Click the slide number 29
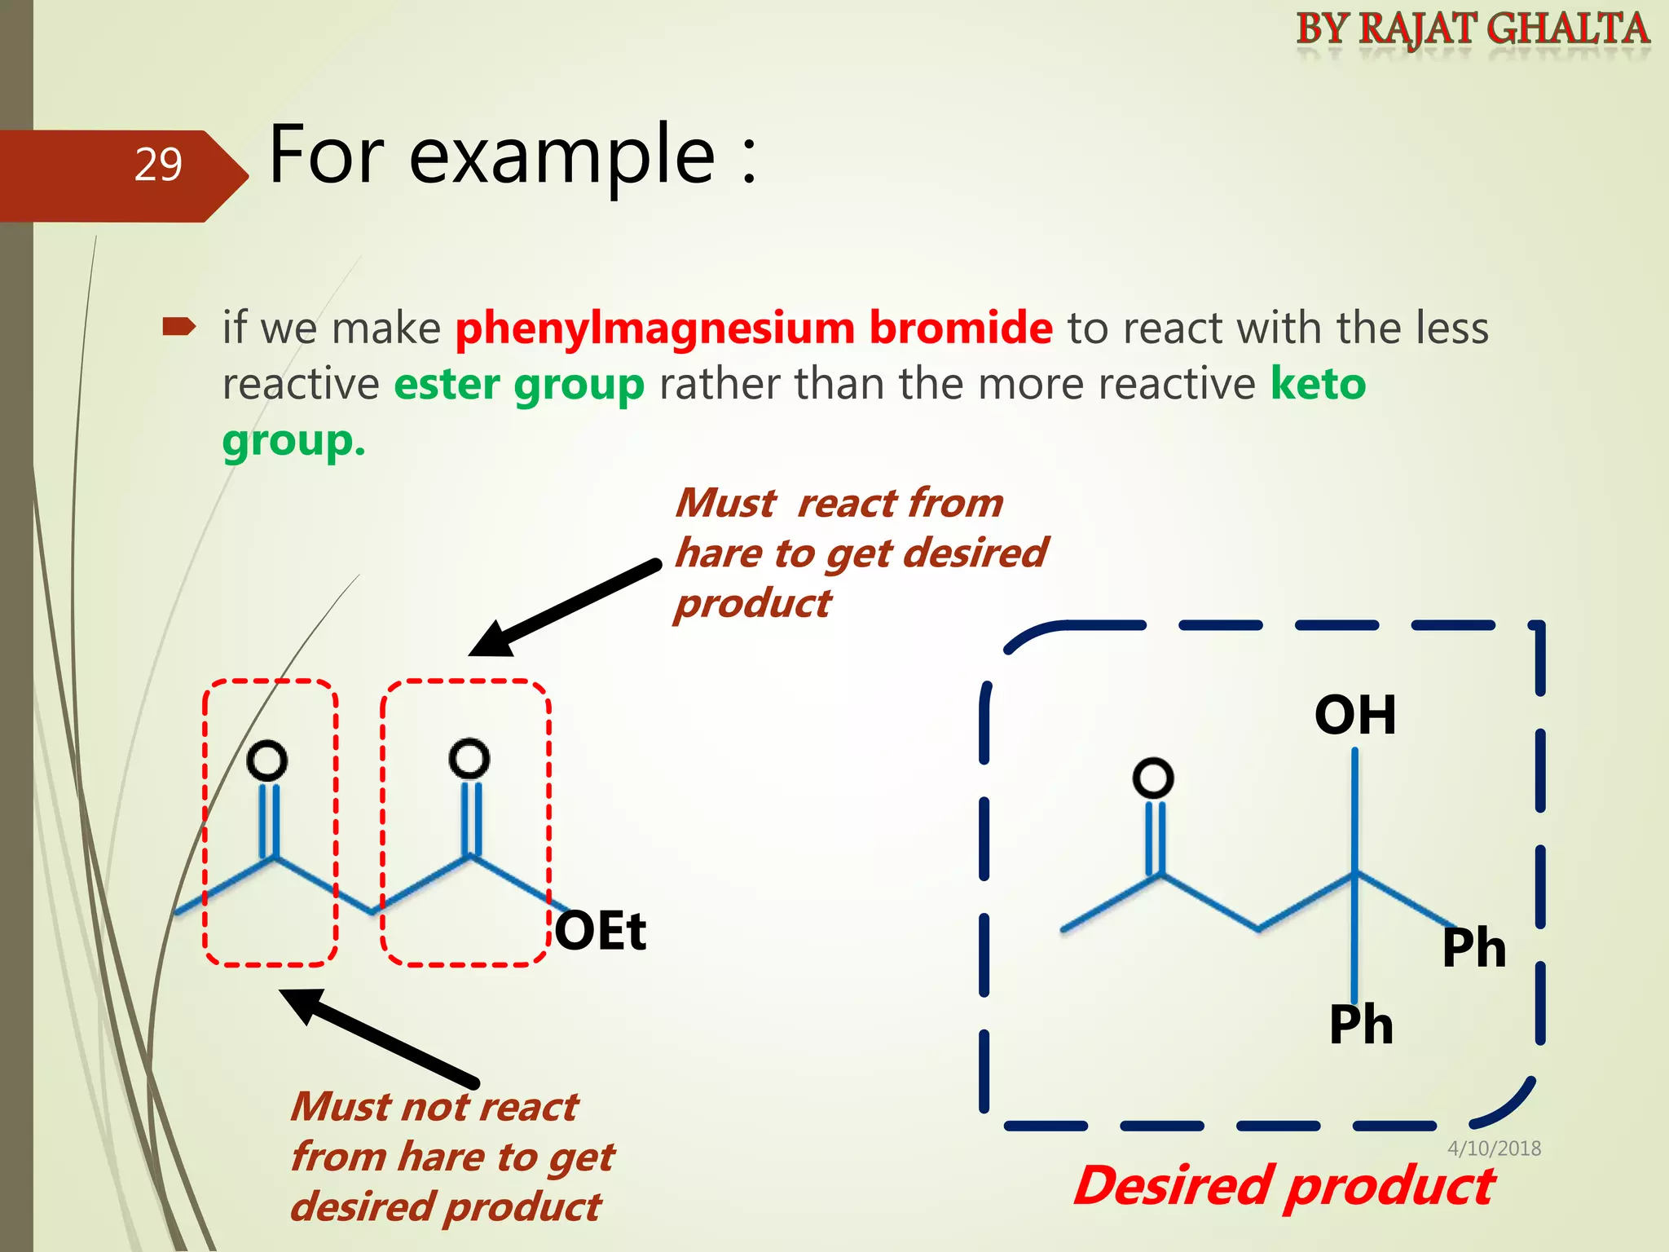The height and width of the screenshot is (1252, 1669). (158, 165)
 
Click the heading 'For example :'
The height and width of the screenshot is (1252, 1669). (513, 154)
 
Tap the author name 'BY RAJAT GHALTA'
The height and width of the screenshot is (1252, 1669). (1473, 29)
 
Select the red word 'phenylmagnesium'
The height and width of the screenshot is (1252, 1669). (654, 328)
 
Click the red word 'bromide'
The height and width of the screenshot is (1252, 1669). (961, 328)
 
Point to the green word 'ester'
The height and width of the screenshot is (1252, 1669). (447, 384)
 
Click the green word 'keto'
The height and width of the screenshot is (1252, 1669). (1318, 384)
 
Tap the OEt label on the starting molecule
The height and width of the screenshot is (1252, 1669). (601, 931)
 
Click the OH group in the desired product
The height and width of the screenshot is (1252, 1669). (1355, 715)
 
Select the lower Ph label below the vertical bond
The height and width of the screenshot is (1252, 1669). (1360, 1025)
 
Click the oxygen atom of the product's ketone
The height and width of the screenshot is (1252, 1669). (1153, 778)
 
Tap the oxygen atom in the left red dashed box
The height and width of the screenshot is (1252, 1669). (267, 760)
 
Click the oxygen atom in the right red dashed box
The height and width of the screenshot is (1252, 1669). (469, 759)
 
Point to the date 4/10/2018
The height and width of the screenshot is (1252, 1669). (1494, 1148)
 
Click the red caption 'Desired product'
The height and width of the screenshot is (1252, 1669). (1284, 1186)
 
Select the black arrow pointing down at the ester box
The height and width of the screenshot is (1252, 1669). (562, 607)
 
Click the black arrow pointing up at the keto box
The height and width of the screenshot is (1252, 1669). (379, 1035)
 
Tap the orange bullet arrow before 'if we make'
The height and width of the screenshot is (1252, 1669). (179, 328)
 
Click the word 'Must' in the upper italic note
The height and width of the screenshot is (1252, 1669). (726, 503)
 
